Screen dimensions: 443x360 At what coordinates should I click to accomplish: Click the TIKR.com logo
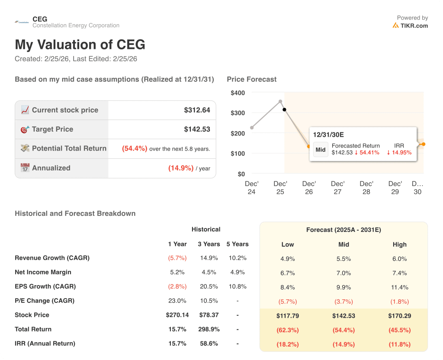point(410,25)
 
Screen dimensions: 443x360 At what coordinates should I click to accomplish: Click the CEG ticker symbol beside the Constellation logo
point(40,19)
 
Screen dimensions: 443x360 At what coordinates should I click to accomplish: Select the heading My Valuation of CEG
point(80,45)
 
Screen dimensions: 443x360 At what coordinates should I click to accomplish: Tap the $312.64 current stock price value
point(197,110)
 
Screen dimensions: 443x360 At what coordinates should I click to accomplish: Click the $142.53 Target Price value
point(197,129)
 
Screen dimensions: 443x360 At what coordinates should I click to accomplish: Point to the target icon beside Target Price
point(25,129)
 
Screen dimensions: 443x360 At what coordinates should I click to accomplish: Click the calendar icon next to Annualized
point(25,168)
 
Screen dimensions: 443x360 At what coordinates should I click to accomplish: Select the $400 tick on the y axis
point(238,93)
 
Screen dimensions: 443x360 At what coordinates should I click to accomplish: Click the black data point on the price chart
point(284,109)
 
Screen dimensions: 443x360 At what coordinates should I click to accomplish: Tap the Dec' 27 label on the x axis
point(337,187)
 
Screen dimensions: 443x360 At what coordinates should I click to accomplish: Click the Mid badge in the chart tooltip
point(321,150)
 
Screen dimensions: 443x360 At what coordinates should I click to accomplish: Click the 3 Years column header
point(209,244)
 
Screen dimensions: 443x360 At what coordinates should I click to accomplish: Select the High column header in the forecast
point(399,244)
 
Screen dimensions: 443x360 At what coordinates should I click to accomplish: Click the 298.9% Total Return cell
point(209,329)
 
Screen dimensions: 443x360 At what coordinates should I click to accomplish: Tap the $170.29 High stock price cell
point(399,316)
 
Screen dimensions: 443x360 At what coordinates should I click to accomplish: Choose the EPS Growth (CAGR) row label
point(45,286)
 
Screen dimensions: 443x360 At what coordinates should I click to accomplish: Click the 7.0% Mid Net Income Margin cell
point(343,273)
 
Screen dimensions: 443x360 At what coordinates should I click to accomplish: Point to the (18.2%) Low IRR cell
point(288,344)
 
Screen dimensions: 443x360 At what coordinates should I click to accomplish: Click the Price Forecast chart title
point(251,79)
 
